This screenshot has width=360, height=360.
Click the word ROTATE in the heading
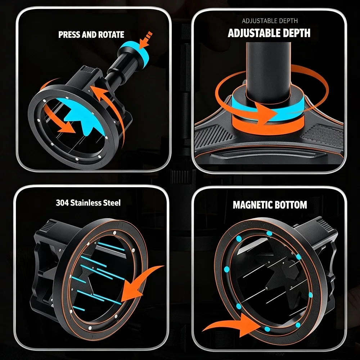(x=111, y=35)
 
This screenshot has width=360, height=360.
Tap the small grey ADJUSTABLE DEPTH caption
(x=270, y=21)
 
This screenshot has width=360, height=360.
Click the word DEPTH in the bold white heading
(x=296, y=33)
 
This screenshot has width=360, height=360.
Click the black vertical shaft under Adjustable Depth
(x=269, y=71)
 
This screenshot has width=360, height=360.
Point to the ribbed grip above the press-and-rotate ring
(x=89, y=69)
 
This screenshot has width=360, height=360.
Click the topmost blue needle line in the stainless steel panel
(x=111, y=246)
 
